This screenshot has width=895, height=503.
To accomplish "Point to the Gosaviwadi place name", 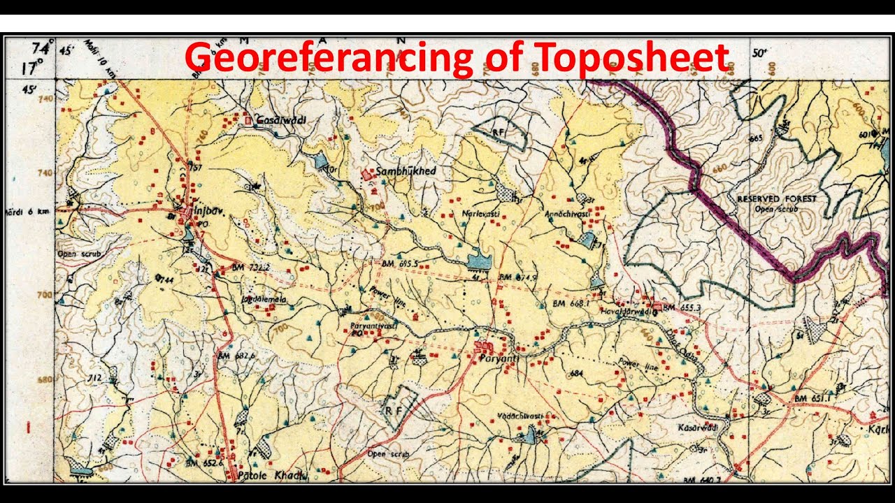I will click(281, 119).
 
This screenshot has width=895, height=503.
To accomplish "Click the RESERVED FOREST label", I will click(777, 199).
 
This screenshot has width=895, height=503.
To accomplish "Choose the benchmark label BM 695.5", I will click(399, 263).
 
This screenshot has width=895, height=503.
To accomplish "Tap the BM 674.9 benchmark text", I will click(517, 277).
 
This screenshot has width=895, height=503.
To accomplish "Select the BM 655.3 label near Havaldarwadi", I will click(682, 307).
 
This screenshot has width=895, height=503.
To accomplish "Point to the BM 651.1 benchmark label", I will click(810, 398).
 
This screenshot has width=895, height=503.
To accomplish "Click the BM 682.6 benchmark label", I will click(237, 356).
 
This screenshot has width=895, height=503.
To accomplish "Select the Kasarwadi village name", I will click(698, 427).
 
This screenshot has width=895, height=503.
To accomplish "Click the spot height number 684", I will click(576, 374).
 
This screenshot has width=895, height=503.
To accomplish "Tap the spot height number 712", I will click(95, 379).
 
